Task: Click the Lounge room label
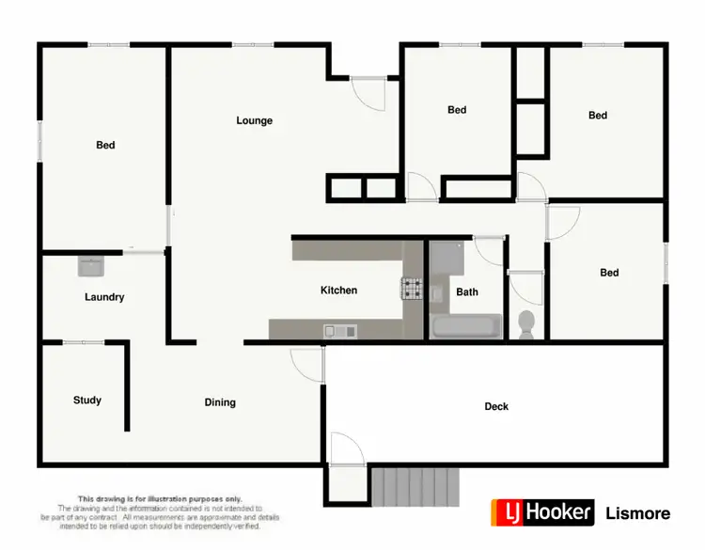click(x=254, y=120)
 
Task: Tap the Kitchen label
click(x=338, y=291)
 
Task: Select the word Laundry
click(x=104, y=297)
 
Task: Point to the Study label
click(x=87, y=401)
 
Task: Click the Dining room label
click(x=220, y=402)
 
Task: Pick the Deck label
click(x=496, y=406)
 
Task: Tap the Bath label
click(x=467, y=291)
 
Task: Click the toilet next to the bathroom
click(x=526, y=324)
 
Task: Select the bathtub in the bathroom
click(x=467, y=327)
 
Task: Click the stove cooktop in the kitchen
click(x=413, y=288)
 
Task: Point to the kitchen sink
click(x=338, y=330)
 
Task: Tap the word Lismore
click(x=638, y=513)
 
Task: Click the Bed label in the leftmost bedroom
click(x=105, y=145)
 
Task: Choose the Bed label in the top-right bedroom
click(x=598, y=116)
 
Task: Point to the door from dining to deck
click(x=307, y=362)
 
